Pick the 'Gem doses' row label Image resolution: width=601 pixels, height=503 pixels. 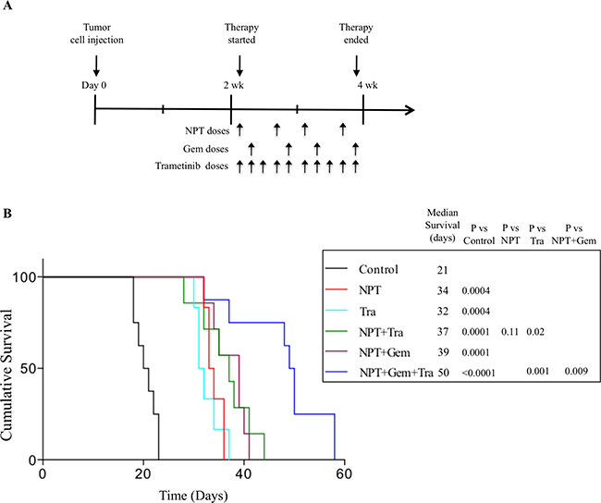coord(208,148)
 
